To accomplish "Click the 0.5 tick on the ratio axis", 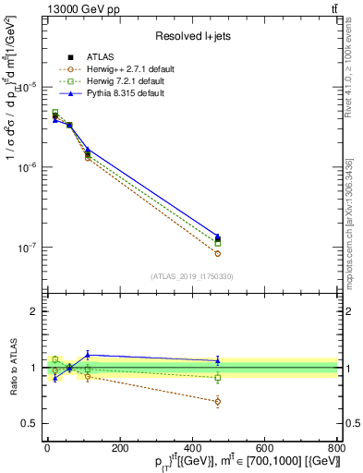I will [30, 423].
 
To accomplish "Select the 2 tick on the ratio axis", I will [33, 311].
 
